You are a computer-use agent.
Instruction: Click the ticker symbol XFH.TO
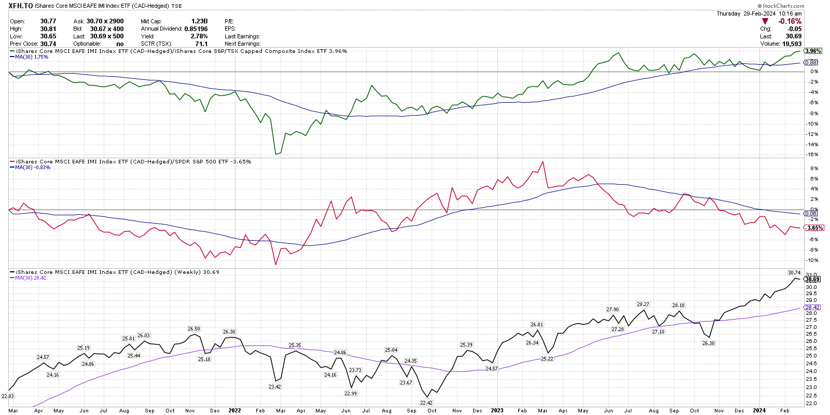(21, 6)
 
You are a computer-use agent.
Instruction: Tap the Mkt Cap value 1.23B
(199, 21)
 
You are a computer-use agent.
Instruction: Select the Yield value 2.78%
(199, 36)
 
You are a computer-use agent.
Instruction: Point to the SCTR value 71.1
(201, 44)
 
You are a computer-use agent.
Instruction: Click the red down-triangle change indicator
(765, 21)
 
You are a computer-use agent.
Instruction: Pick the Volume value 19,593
(792, 44)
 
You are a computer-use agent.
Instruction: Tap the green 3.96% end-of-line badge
(813, 51)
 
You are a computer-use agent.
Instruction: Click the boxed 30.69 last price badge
(812, 279)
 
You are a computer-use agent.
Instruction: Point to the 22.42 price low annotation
(426, 403)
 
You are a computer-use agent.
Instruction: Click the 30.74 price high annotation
(794, 272)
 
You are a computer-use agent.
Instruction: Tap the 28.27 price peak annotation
(643, 304)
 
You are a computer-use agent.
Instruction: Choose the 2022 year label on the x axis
(234, 410)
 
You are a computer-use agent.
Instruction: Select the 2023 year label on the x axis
(497, 410)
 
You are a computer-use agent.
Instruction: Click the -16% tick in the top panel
(812, 155)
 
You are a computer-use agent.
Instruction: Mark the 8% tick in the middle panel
(814, 169)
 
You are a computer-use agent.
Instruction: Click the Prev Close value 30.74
(48, 44)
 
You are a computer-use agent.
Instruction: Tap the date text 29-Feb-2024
(759, 13)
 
